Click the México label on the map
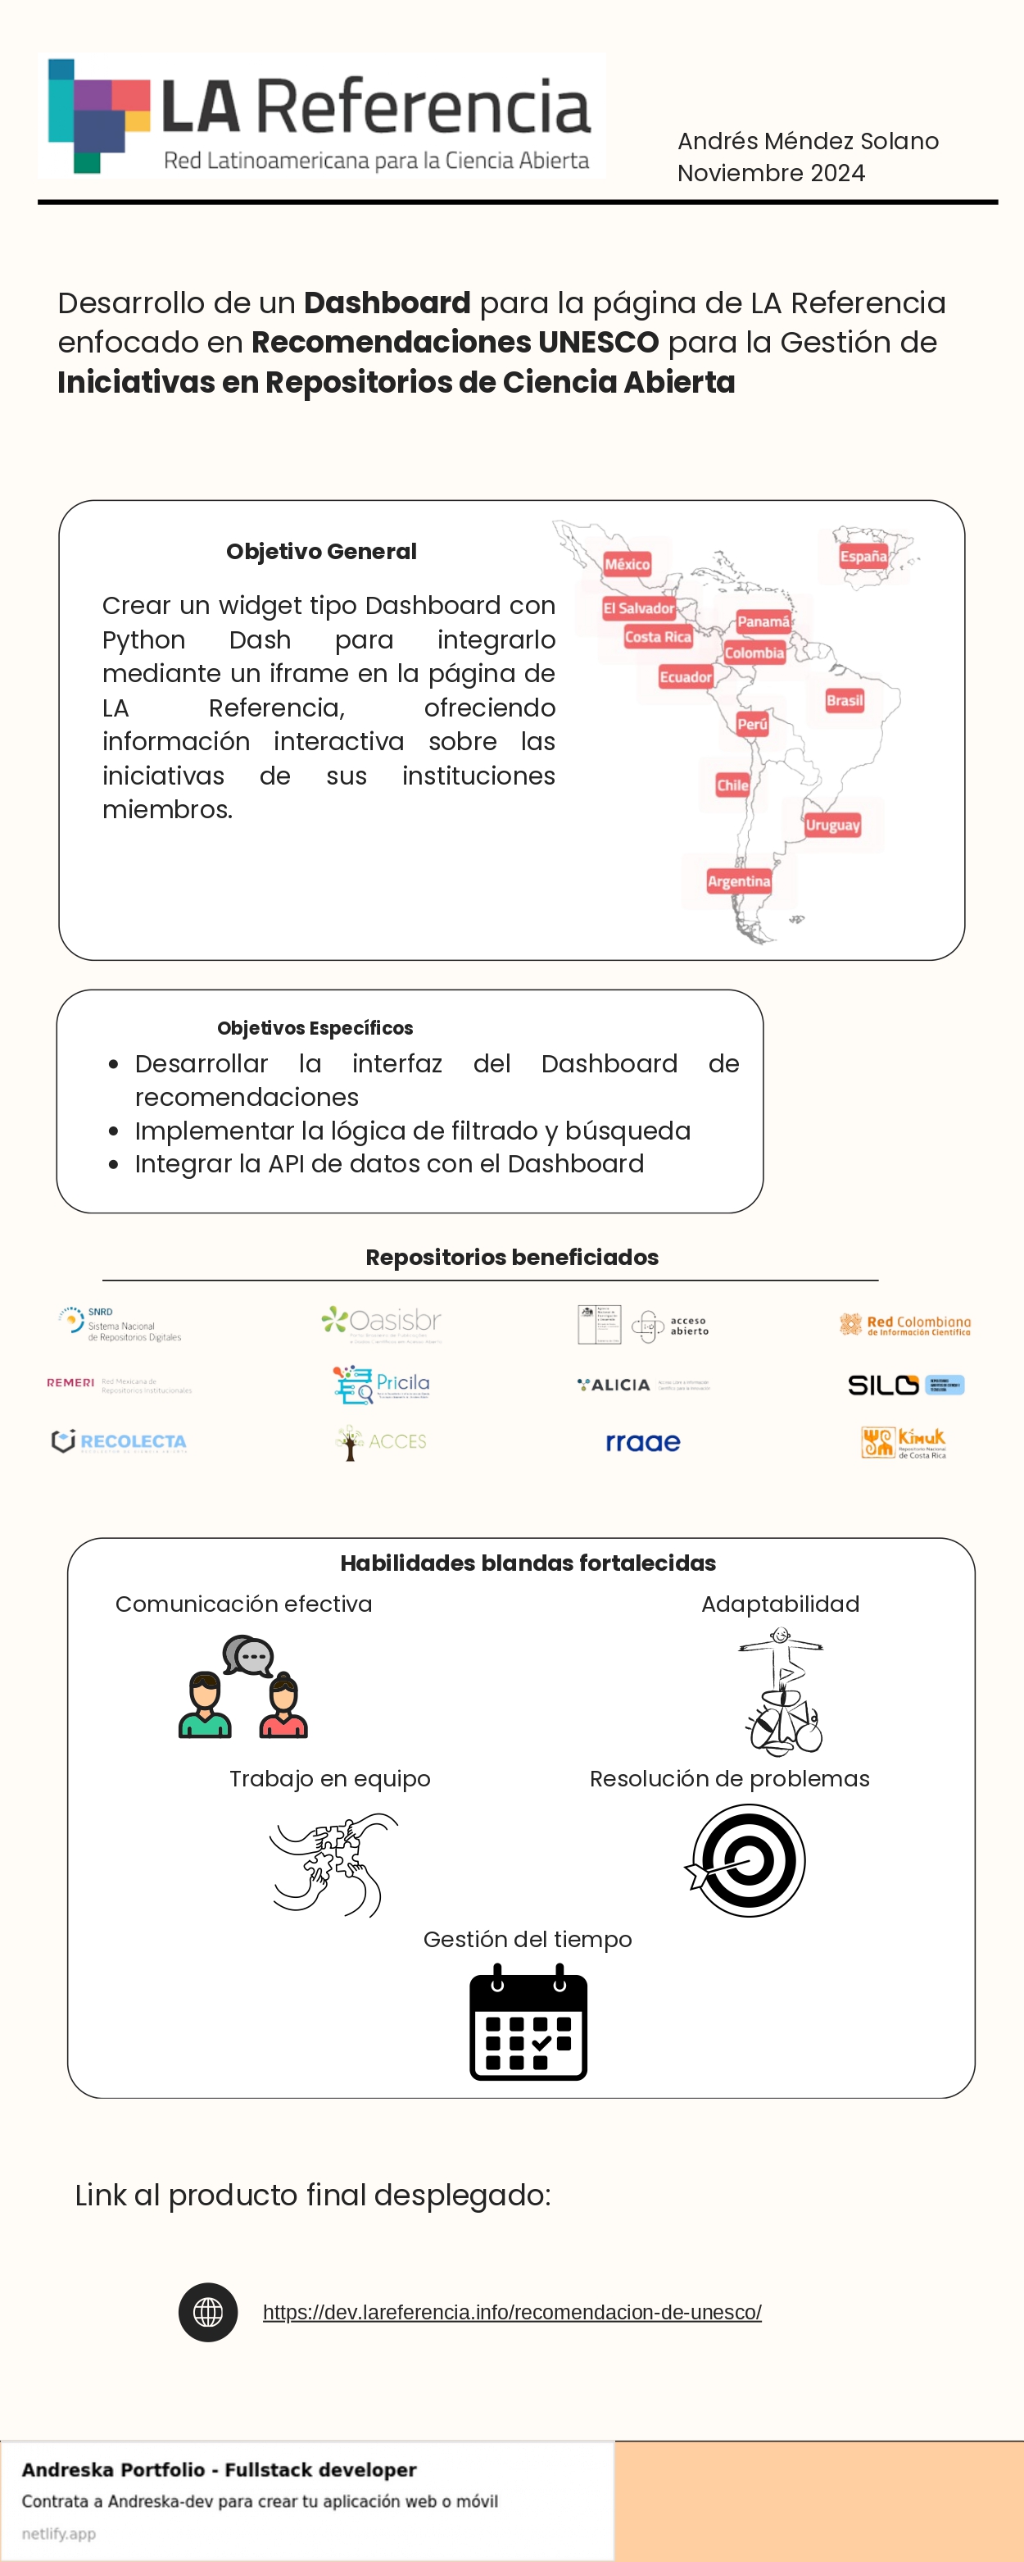point(628,564)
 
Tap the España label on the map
point(863,556)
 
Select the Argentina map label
point(739,881)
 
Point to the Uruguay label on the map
point(832,825)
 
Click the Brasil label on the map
point(844,700)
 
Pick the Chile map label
point(732,785)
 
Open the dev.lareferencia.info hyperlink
point(512,2313)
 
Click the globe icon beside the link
point(208,2313)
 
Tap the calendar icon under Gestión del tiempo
point(528,2022)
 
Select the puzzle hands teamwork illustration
point(334,1863)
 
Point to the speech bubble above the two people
point(247,1656)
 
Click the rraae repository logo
point(643,1442)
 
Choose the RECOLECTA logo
point(120,1441)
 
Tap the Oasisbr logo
point(382,1322)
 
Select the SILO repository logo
point(904,1385)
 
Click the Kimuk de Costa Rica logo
point(903,1442)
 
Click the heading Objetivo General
point(321,551)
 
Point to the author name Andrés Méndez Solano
point(807,141)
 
